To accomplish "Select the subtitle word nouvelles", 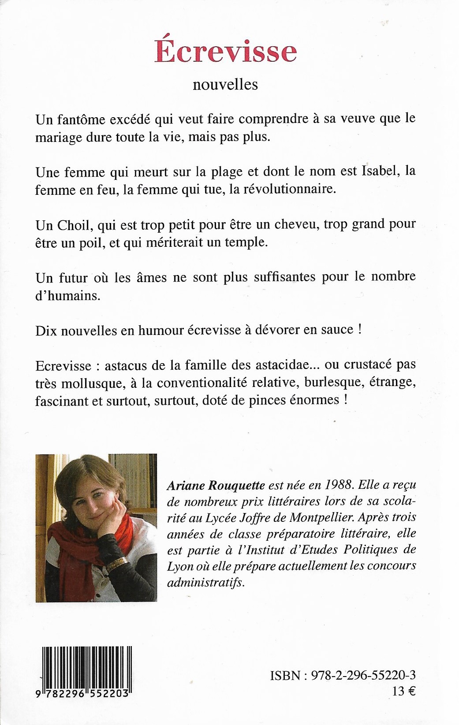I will (x=225, y=84).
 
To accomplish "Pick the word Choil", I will (x=73, y=224).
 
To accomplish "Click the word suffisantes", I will (x=284, y=277).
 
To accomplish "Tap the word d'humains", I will (x=68, y=295).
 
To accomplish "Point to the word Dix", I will (x=46, y=330).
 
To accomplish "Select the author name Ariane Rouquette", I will (x=216, y=485).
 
